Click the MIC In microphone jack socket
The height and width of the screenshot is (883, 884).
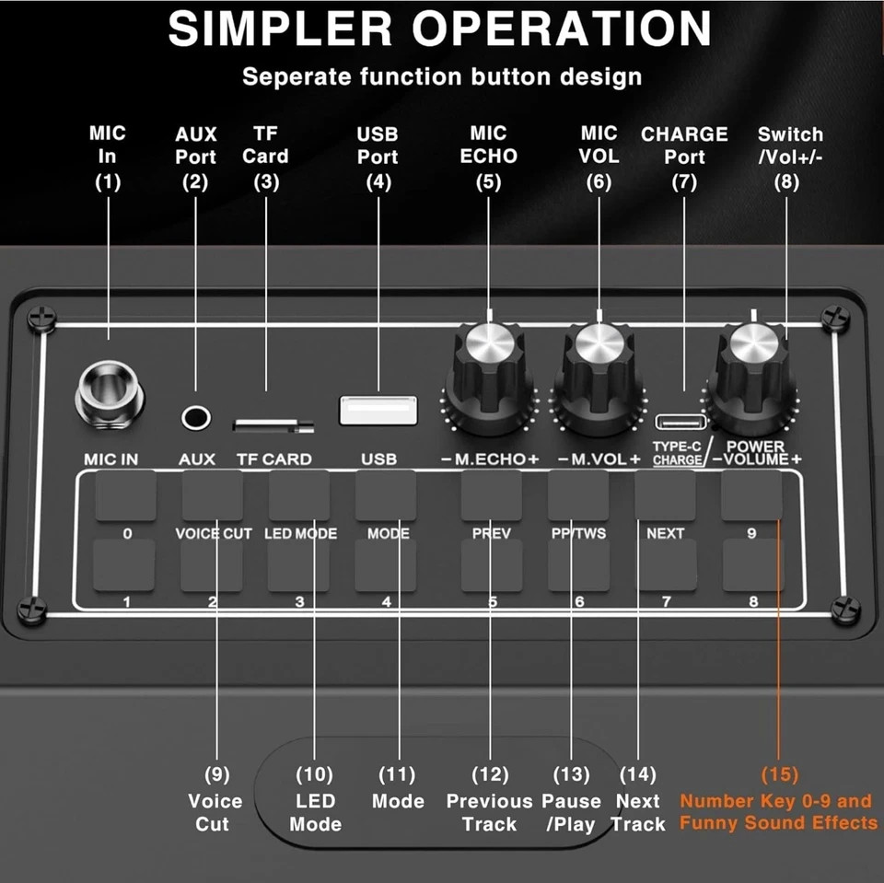[110, 391]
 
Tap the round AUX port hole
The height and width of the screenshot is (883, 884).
[195, 417]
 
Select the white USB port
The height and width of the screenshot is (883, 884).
[378, 410]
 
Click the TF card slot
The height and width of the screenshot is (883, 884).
[273, 424]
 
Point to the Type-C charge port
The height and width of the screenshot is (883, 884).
[680, 423]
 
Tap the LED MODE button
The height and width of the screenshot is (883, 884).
[299, 497]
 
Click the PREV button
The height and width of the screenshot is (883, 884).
[491, 497]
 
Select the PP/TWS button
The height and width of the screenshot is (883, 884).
[578, 497]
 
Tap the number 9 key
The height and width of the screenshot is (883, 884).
[751, 497]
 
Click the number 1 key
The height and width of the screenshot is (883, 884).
[125, 565]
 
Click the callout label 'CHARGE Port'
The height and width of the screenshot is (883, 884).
[684, 145]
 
